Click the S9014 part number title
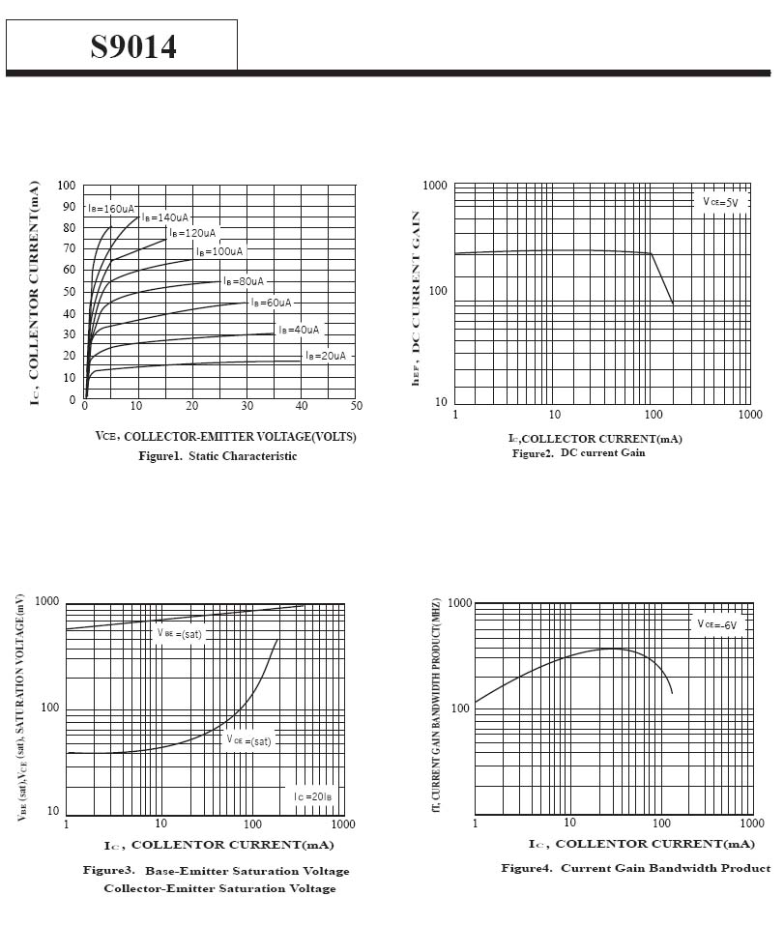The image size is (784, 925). click(x=133, y=46)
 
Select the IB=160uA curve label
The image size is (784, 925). click(x=111, y=208)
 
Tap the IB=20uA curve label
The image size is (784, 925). click(x=326, y=356)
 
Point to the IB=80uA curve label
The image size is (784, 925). click(x=244, y=281)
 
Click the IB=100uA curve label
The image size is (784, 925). click(x=219, y=251)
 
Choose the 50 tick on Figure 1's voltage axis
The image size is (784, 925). click(x=356, y=406)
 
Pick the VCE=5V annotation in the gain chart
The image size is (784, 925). click(x=720, y=202)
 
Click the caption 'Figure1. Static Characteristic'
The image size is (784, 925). click(x=218, y=456)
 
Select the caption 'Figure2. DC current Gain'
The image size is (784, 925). click(x=578, y=453)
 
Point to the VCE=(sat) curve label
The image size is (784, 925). click(x=249, y=740)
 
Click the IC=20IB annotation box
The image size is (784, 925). click(x=313, y=795)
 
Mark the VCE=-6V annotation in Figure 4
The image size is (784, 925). click(x=717, y=624)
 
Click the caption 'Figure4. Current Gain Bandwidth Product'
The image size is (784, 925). click(x=635, y=868)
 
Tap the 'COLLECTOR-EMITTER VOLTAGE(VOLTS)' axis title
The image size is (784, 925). click(x=226, y=437)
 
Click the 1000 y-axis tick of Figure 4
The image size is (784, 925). click(x=459, y=604)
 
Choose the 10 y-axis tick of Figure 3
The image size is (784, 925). click(x=54, y=811)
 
